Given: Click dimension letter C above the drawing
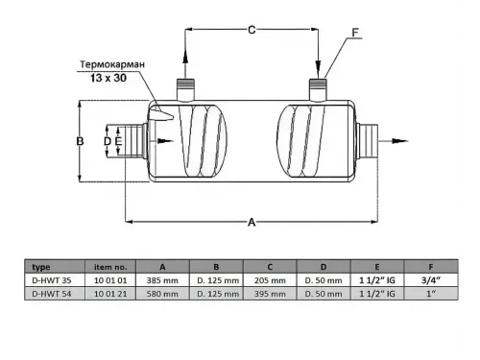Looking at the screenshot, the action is pos(252,30).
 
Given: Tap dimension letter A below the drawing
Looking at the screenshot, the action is pos(252,222).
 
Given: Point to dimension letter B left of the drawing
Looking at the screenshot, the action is pos(80,141).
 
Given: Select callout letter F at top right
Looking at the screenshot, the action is pos(355,33).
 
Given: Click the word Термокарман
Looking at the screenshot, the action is pos(112,64).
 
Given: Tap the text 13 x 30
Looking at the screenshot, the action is pos(108,78).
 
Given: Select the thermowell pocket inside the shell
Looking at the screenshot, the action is pos(161,114).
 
